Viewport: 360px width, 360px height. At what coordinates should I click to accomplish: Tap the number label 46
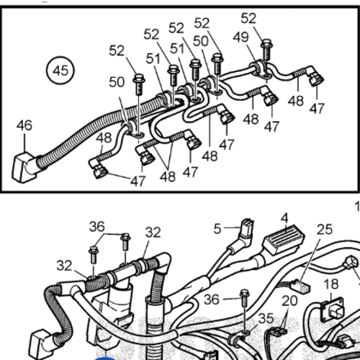pyautogui.click(x=24, y=125)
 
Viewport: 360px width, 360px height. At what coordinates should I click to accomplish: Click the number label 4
pyautogui.click(x=284, y=217)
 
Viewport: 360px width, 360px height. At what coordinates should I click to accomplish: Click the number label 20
pyautogui.click(x=289, y=300)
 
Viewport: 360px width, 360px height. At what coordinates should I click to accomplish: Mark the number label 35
pyautogui.click(x=266, y=318)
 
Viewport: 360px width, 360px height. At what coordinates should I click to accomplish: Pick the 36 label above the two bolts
pyautogui.click(x=97, y=226)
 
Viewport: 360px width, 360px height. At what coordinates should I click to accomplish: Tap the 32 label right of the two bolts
pyautogui.click(x=153, y=233)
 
